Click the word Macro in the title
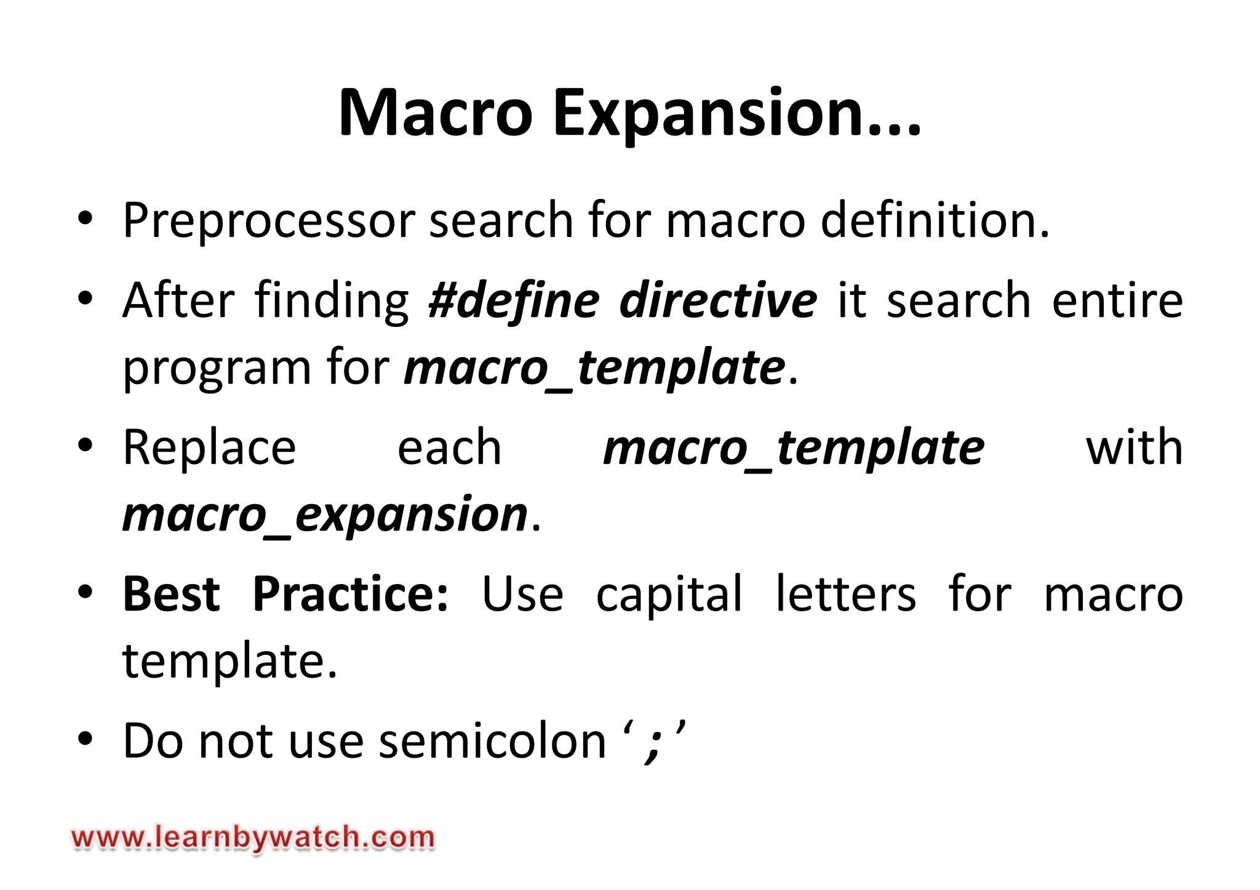435,113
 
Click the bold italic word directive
718,300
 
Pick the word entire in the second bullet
1117,300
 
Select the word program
217,368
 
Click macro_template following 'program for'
594,368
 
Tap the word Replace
209,447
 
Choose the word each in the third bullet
449,447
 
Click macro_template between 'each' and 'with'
794,447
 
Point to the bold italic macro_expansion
325,515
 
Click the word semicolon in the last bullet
493,741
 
